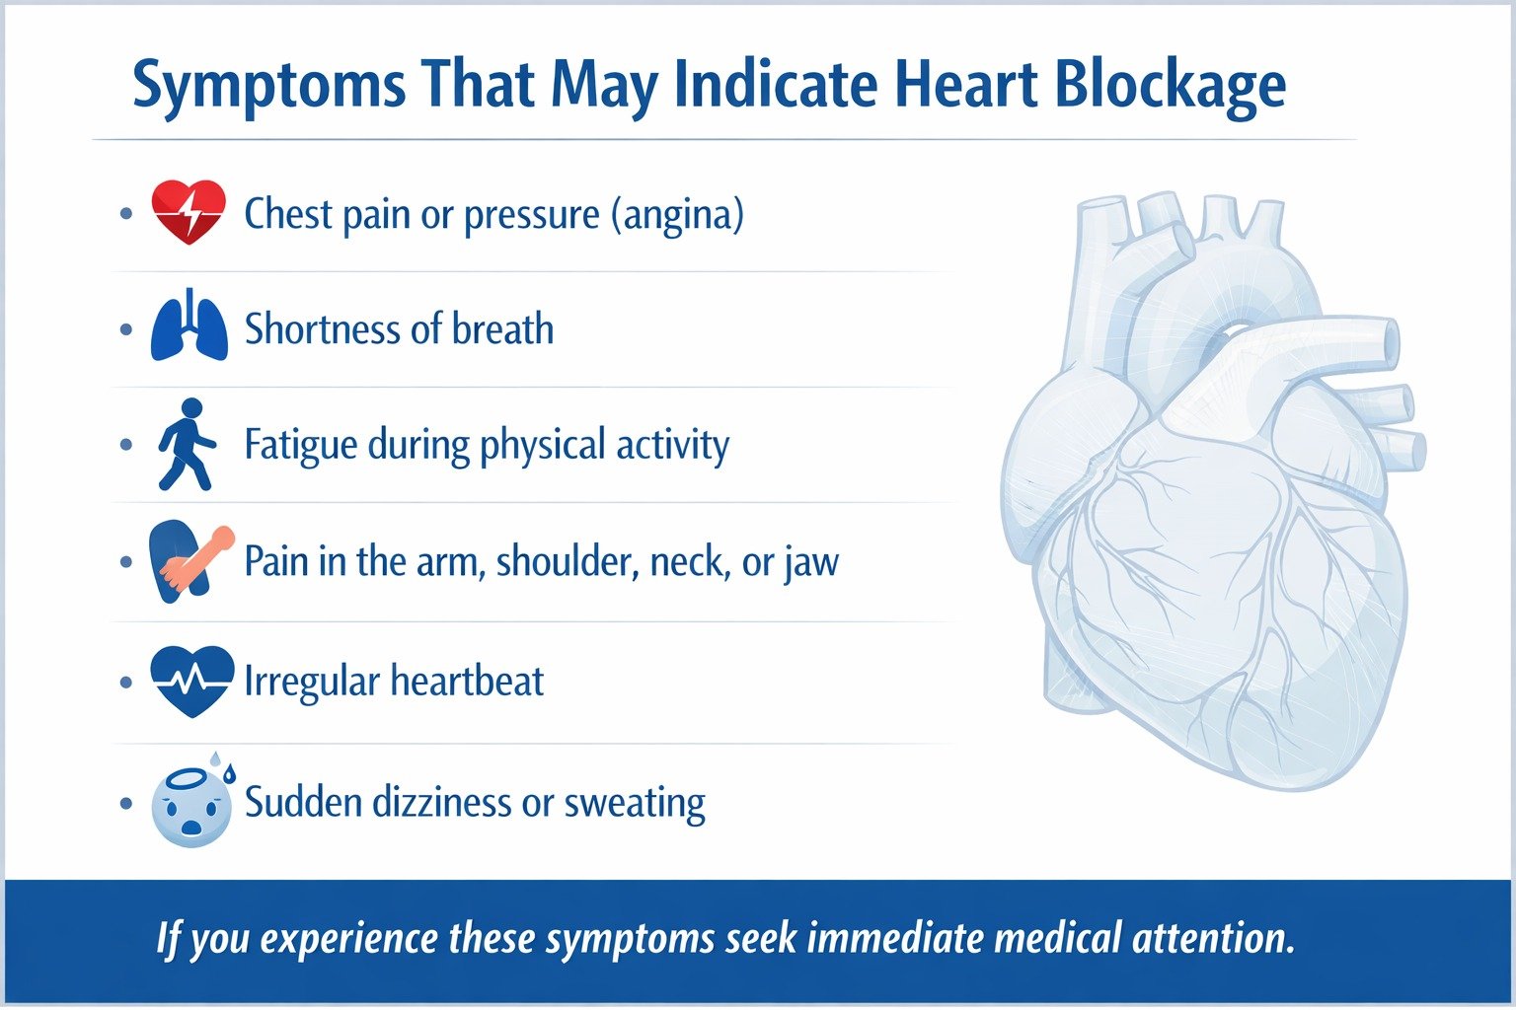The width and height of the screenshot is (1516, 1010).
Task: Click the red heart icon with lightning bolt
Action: point(188,212)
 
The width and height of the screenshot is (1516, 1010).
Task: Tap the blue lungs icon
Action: point(189,326)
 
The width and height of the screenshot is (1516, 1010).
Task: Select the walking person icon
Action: point(187,445)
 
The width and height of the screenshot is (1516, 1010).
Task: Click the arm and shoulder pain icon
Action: point(189,560)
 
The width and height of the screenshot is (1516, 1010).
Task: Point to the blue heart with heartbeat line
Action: point(191,681)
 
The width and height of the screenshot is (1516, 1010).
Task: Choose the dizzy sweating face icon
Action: point(191,803)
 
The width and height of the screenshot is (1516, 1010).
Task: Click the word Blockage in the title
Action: point(1170,86)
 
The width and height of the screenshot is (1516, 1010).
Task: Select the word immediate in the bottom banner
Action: point(898,937)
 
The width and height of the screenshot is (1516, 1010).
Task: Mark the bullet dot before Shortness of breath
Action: point(126,328)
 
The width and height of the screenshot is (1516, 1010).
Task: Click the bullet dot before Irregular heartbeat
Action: point(126,682)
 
